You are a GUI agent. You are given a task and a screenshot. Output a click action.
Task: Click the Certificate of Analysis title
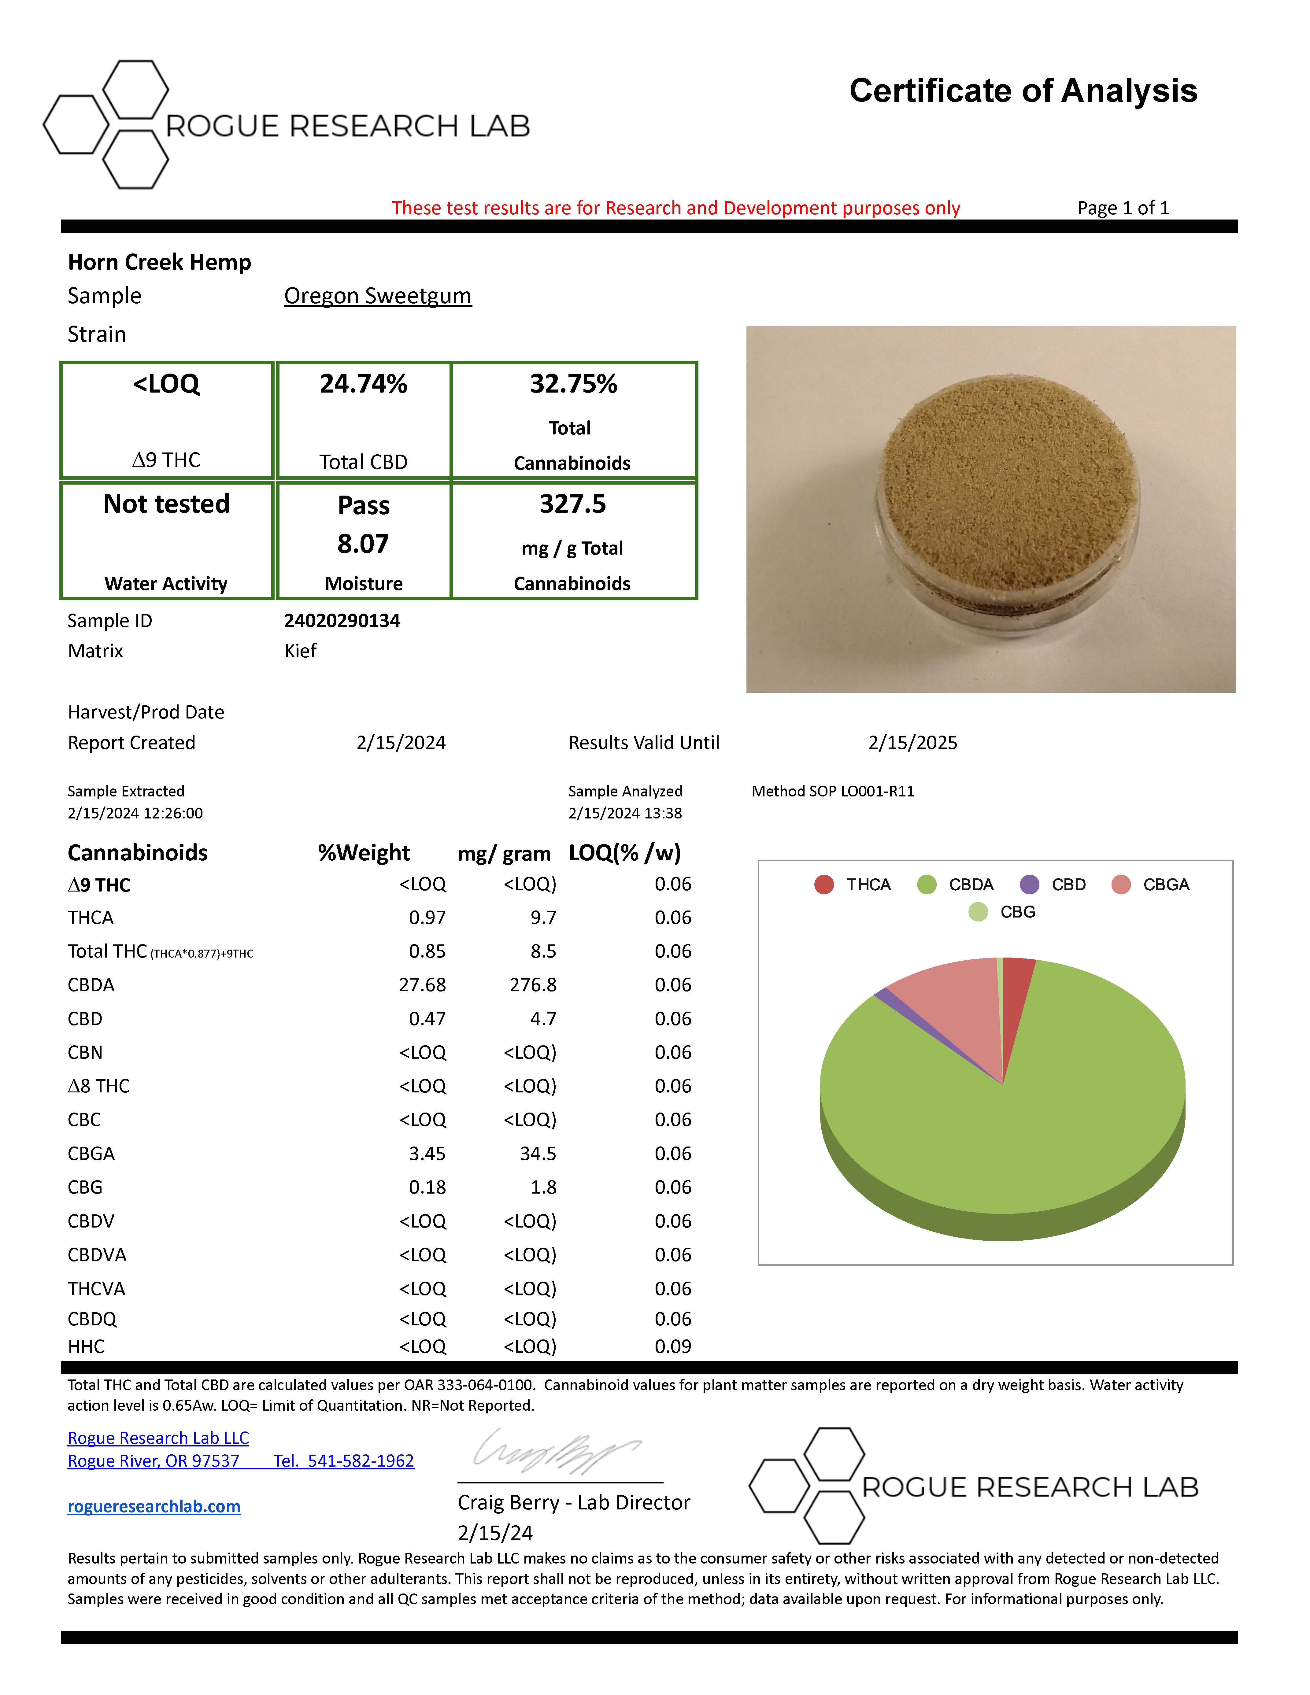pos(1023,91)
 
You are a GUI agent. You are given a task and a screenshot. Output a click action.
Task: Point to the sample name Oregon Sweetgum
pos(377,296)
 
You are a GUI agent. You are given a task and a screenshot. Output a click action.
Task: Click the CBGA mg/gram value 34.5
pos(538,1153)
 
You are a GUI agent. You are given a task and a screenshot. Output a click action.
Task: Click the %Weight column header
pos(363,853)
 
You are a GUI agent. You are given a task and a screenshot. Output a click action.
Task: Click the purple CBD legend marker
pos(1029,885)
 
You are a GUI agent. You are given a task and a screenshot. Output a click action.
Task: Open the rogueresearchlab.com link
pos(154,1506)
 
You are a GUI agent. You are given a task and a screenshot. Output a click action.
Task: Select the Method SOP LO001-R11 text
pos(833,791)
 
